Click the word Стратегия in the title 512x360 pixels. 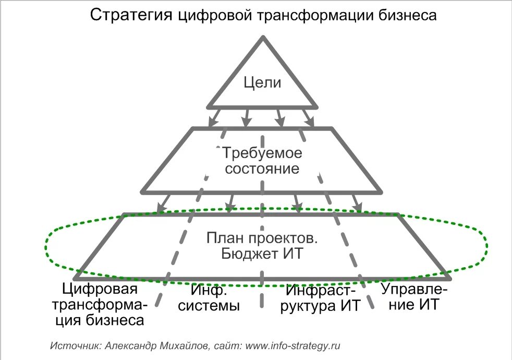(129, 15)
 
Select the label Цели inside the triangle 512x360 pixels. (263, 82)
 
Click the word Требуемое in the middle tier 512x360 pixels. (262, 153)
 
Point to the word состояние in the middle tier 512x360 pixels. (262, 169)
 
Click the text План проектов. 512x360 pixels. (262, 238)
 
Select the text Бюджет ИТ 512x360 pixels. (262, 254)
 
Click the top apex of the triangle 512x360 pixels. (263, 38)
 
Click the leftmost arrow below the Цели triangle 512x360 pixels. (214, 117)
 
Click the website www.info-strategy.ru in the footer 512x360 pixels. (293, 345)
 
